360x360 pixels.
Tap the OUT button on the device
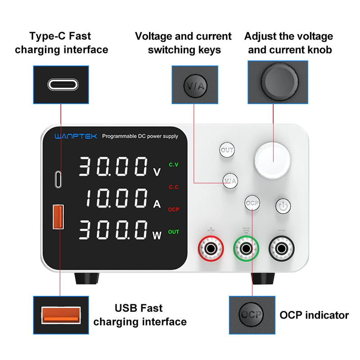tap(227, 150)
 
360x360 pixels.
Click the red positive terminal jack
tap(210, 248)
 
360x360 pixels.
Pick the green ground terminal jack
tap(246, 248)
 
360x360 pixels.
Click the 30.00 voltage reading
tap(113, 167)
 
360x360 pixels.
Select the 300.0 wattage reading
tap(113, 230)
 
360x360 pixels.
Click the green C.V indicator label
tap(174, 165)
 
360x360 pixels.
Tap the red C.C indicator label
tap(174, 187)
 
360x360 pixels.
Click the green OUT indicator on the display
tap(174, 232)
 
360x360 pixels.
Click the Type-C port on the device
tap(58, 179)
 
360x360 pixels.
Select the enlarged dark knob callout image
tap(278, 83)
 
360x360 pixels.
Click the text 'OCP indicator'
tap(314, 315)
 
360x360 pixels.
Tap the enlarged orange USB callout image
tap(62, 315)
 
